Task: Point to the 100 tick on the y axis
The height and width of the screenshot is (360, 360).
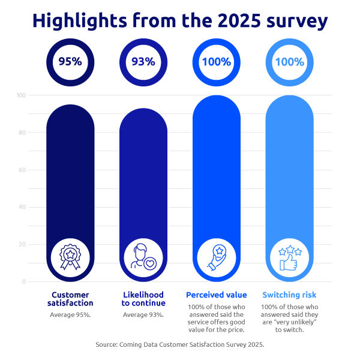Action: click(x=21, y=95)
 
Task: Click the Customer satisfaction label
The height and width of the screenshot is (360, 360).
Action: click(x=70, y=299)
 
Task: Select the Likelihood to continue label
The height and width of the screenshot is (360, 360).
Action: click(x=143, y=299)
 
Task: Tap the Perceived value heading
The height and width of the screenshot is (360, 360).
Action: click(x=216, y=295)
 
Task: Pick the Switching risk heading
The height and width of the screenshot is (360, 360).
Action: click(x=289, y=295)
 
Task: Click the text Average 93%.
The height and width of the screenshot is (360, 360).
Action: click(x=143, y=315)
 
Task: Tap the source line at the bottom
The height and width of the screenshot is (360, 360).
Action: click(x=180, y=345)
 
